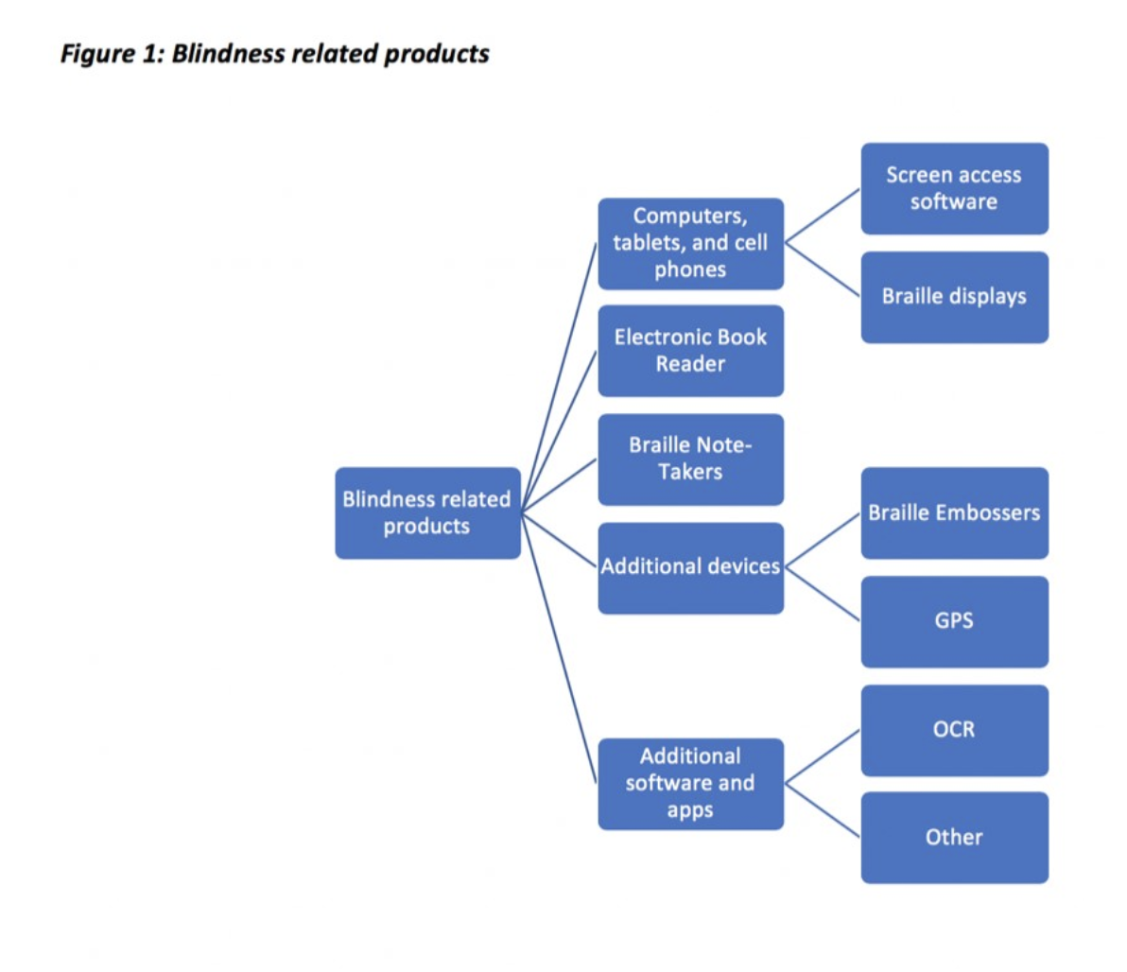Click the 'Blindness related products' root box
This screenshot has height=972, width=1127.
(427, 512)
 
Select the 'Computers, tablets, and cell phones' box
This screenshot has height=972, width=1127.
(690, 243)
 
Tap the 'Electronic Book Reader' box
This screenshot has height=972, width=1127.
(690, 351)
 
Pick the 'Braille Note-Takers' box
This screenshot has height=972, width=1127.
(690, 459)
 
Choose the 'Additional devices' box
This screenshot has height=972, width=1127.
(690, 567)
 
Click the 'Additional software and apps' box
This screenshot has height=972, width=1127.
(690, 783)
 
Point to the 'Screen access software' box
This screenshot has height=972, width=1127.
(954, 188)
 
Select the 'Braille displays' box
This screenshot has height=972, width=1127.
(954, 297)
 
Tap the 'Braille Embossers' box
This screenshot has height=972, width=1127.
(954, 512)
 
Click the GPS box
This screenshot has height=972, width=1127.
(954, 621)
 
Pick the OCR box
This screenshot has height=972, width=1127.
(954, 730)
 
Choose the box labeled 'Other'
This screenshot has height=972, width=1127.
(954, 838)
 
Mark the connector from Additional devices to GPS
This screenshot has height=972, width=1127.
(823, 594)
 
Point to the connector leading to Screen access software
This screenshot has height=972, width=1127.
(823, 216)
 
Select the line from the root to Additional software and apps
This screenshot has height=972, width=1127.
(560, 652)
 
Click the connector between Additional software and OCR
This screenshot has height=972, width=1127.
(823, 756)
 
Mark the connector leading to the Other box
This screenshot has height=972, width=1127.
(823, 810)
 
